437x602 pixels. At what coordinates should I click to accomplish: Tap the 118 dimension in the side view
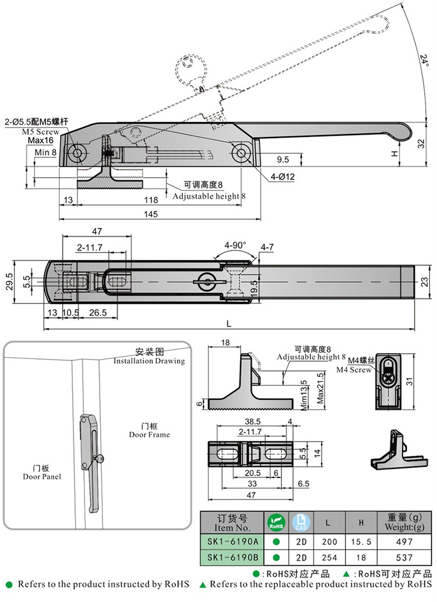coord(150,200)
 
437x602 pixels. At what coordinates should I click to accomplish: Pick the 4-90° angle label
coord(235,245)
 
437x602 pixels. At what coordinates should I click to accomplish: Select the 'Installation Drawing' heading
coord(149,361)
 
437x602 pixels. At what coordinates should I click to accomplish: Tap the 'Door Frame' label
coord(150,434)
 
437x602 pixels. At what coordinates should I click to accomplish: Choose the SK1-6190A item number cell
coord(232,541)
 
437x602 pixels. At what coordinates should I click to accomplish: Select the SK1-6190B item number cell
coord(232,558)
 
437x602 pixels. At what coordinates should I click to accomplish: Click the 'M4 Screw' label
coord(353,370)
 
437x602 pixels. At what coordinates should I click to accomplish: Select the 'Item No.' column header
coord(232,527)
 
